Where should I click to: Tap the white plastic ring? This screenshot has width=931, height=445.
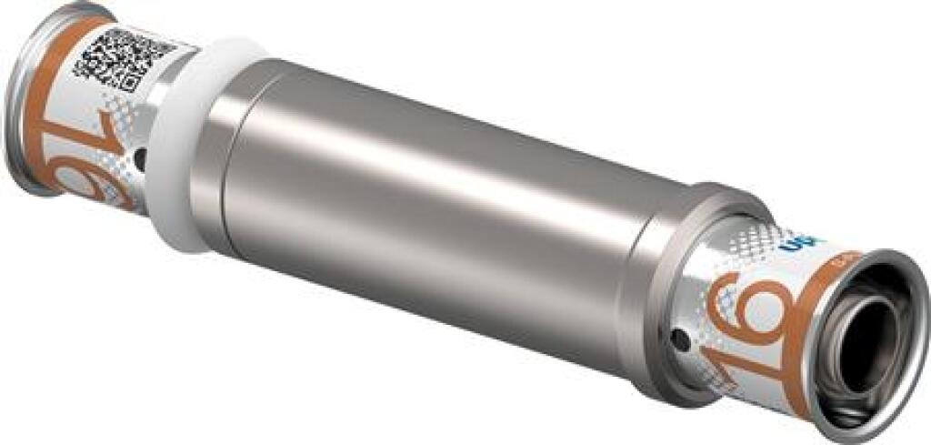tap(186, 146)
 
